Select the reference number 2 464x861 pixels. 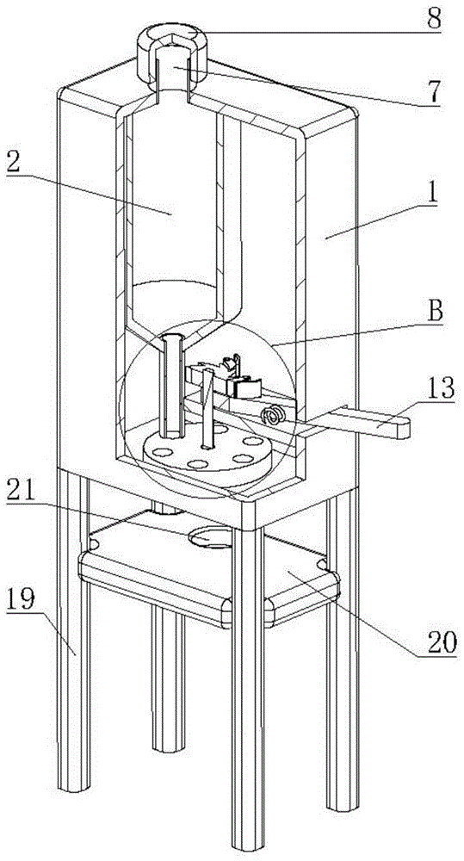coord(15,161)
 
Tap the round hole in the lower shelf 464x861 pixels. coord(210,537)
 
